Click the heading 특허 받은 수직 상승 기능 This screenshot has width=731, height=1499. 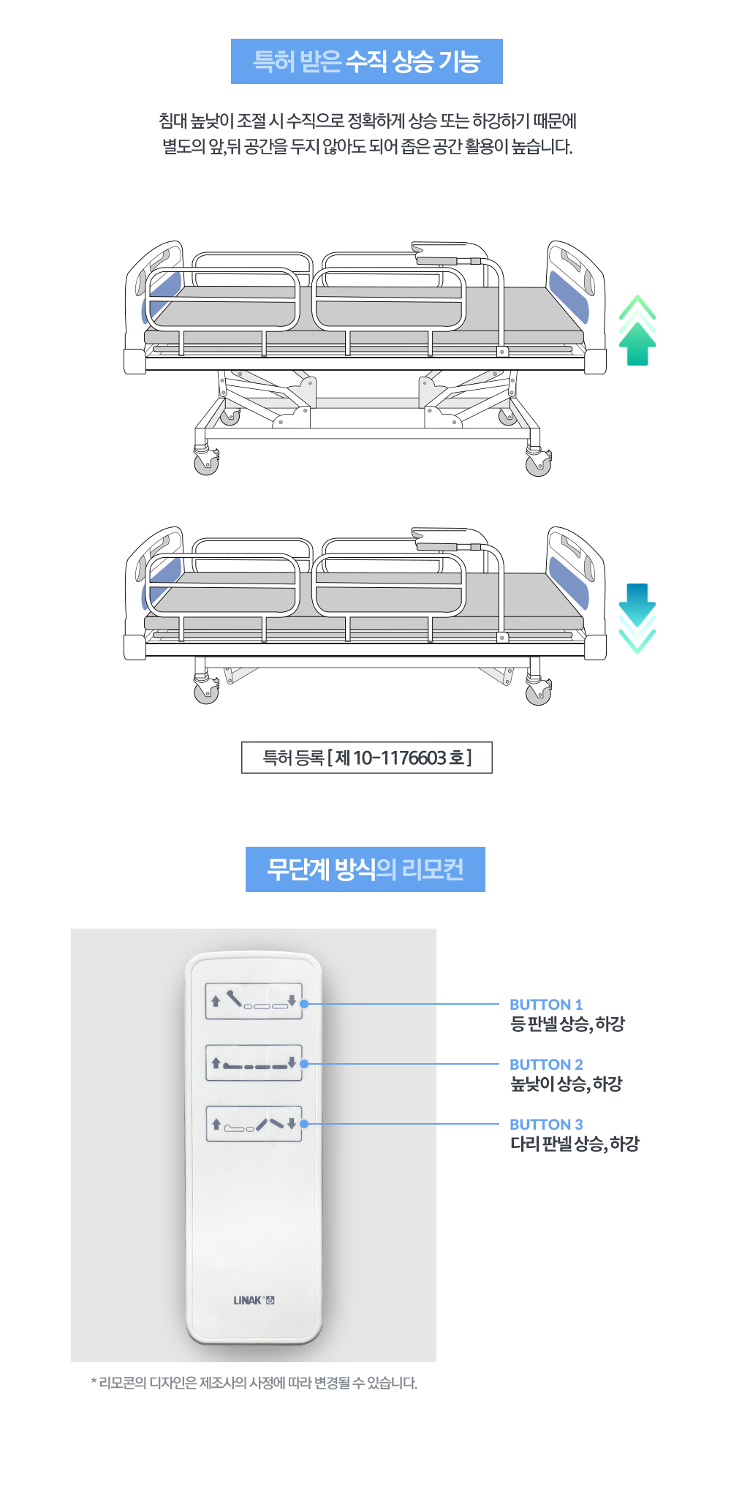point(366,61)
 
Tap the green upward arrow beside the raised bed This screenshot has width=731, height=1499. point(637,331)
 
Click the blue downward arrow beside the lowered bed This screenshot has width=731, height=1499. point(637,618)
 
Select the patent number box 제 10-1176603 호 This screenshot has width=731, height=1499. point(367,758)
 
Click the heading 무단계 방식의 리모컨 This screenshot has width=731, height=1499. point(365,869)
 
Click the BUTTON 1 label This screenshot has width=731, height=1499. point(546,1005)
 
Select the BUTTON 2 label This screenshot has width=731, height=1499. point(546,1065)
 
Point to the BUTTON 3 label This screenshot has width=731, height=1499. point(546,1125)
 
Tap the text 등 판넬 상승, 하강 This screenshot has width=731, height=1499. point(567,1024)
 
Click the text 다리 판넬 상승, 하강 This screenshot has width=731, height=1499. point(575,1144)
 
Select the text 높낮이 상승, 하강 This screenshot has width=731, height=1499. point(566,1084)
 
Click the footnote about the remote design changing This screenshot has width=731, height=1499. point(254,1383)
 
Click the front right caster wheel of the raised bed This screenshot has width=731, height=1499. point(538,464)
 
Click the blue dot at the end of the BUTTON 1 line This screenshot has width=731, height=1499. point(305,1004)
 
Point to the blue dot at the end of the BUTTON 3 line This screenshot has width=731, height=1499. point(305,1124)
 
